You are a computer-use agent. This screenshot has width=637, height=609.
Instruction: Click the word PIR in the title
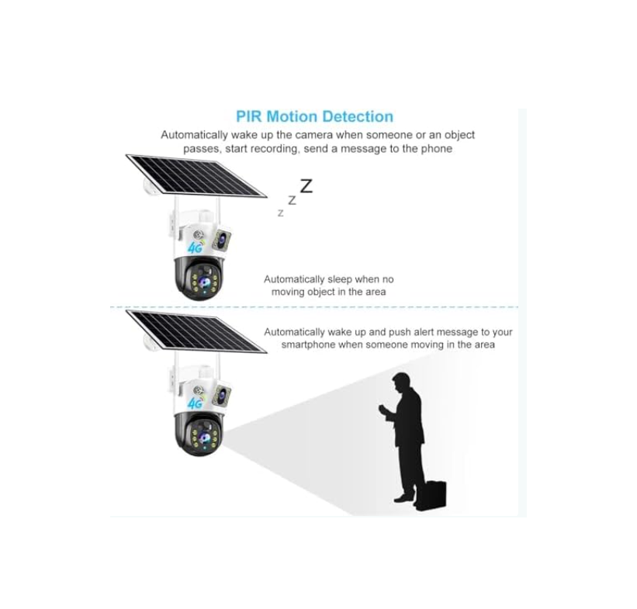(x=249, y=116)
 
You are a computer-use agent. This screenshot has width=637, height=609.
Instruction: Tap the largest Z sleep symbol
(x=306, y=186)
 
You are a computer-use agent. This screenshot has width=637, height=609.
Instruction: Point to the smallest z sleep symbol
(x=280, y=213)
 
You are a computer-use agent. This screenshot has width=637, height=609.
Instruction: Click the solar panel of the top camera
(x=196, y=175)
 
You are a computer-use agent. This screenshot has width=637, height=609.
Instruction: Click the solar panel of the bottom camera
(x=196, y=331)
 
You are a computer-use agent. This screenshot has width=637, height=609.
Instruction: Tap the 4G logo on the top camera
(x=196, y=247)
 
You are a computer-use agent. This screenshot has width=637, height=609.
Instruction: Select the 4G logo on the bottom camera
(x=196, y=403)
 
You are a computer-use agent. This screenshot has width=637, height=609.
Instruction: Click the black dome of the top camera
(x=199, y=279)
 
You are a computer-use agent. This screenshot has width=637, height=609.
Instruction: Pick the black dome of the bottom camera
(x=199, y=434)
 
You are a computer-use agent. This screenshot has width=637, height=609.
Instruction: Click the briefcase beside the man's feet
(x=431, y=494)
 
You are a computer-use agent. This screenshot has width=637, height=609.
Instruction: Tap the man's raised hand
(x=383, y=408)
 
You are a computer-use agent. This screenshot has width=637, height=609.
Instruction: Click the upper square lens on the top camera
(x=222, y=239)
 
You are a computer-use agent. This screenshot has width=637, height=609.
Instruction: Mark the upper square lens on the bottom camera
(x=222, y=395)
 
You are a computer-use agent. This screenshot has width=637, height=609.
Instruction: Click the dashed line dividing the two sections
(x=314, y=307)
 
